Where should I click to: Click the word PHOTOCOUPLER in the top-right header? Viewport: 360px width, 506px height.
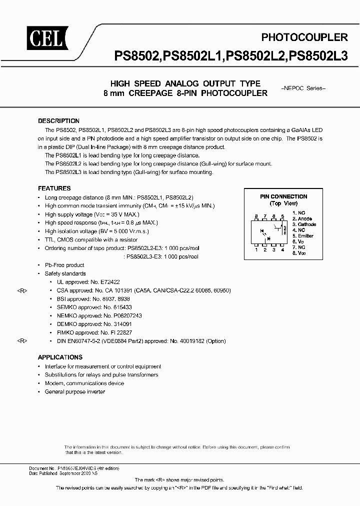click(304, 37)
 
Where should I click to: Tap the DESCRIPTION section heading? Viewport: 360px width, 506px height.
click(58, 121)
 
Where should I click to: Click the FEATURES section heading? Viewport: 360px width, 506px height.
click(54, 188)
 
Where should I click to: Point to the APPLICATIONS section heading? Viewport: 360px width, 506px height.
click(60, 357)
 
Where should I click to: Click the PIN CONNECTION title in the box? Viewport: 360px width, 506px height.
click(283, 196)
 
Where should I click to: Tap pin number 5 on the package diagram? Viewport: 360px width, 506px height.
click(283, 217)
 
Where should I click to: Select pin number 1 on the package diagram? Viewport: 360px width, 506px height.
click(256, 249)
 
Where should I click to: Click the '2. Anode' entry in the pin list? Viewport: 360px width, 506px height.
click(302, 218)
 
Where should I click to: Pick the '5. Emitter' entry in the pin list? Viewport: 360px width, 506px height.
click(303, 235)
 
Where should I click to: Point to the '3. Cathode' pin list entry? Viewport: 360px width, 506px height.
click(304, 224)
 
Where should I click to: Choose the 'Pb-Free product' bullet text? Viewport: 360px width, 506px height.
click(64, 265)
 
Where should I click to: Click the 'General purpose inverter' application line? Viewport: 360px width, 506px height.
click(75, 391)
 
